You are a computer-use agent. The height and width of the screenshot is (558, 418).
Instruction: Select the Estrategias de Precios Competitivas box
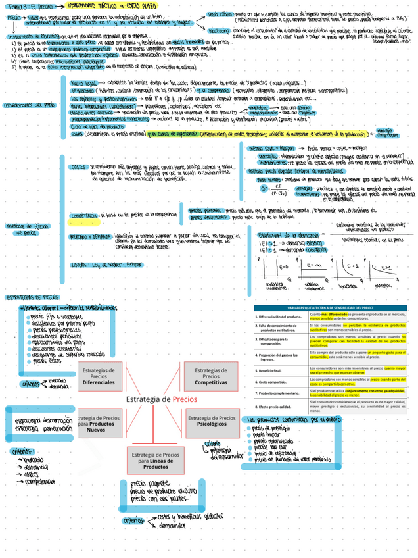pyautogui.click(x=211, y=376)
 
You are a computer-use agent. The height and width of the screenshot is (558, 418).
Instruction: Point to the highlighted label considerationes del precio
pyautogui.click(x=29, y=105)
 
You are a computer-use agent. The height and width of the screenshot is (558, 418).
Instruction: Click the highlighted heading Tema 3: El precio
pyautogui.click(x=27, y=6)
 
